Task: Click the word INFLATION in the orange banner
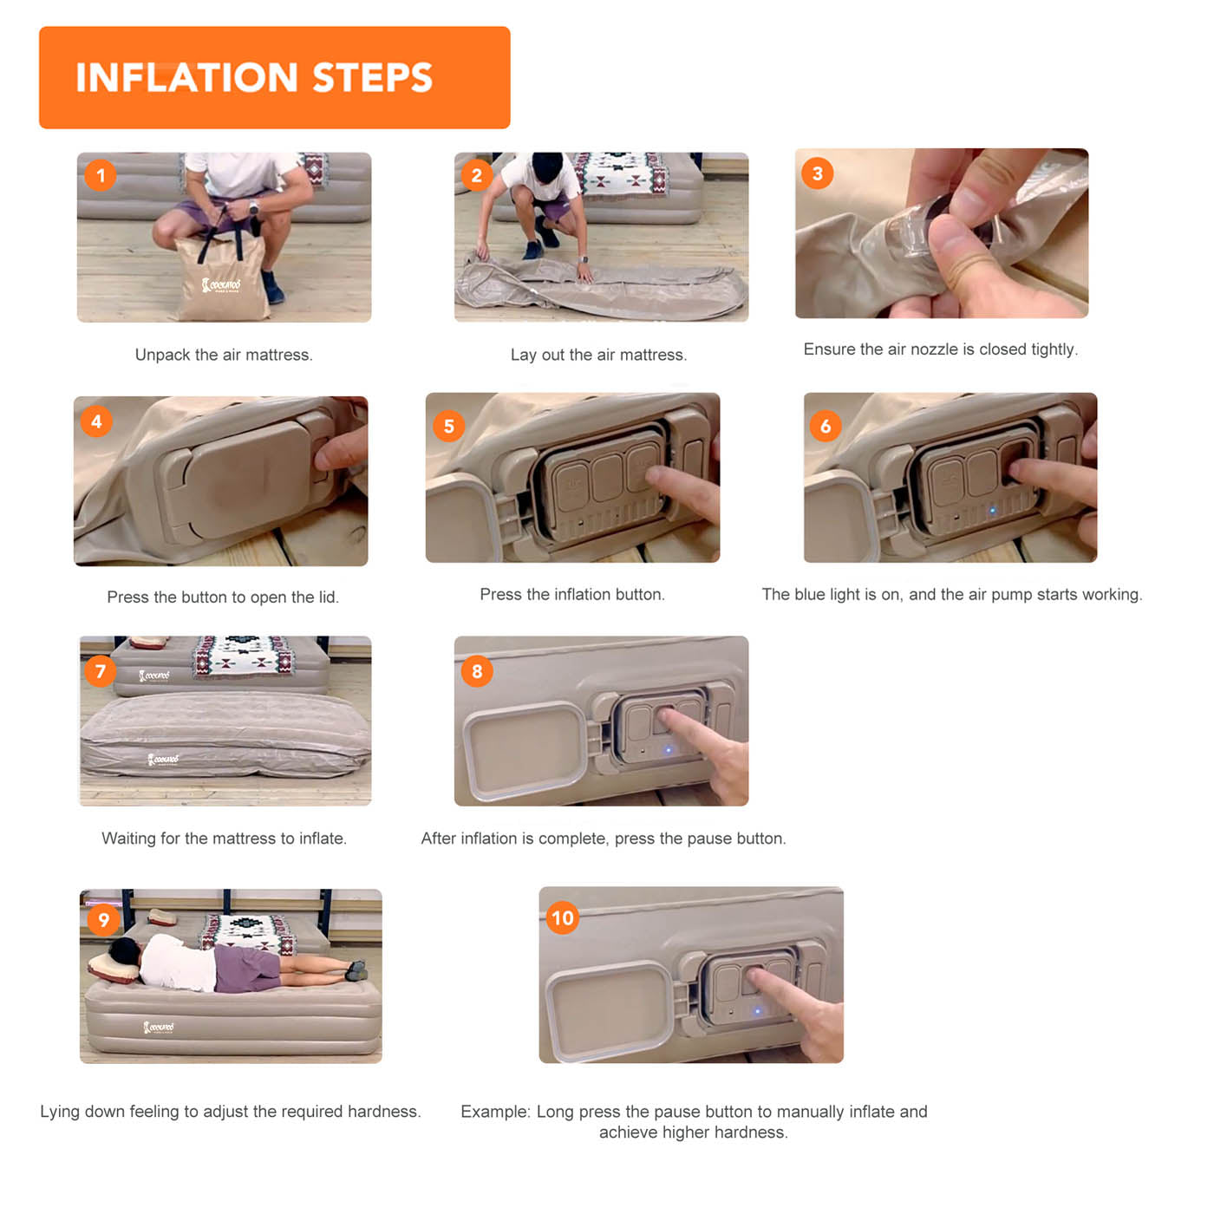tap(186, 77)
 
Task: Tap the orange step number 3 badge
tap(817, 173)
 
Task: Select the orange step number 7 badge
tap(101, 671)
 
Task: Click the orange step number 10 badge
tap(563, 918)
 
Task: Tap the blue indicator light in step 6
tap(992, 510)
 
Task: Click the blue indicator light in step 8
tap(669, 750)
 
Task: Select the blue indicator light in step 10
tap(757, 1012)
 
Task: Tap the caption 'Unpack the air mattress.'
tap(224, 355)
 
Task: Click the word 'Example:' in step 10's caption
tap(496, 1112)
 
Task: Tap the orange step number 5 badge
tap(448, 426)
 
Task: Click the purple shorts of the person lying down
tap(247, 969)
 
